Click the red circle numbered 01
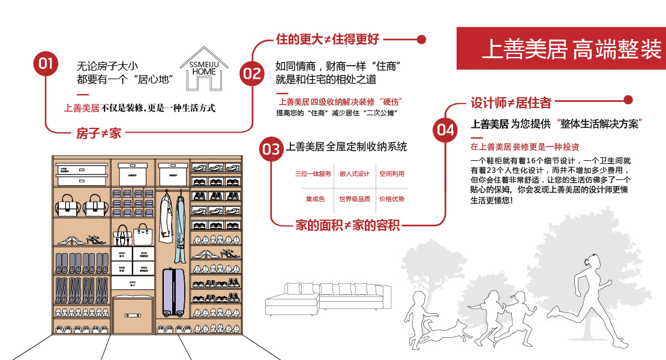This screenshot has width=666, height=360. [x=46, y=64]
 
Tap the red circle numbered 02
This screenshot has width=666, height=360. [x=252, y=73]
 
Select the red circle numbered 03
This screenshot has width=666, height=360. [x=271, y=149]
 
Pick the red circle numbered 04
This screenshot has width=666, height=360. [x=445, y=129]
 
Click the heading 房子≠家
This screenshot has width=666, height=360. [x=98, y=133]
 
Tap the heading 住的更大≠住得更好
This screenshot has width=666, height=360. [x=328, y=40]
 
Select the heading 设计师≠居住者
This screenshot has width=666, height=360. [x=511, y=103]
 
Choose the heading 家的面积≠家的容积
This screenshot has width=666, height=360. [x=348, y=226]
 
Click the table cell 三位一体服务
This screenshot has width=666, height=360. [x=313, y=174]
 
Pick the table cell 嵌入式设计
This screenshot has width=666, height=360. [x=354, y=174]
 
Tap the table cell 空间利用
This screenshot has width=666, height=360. [x=392, y=174]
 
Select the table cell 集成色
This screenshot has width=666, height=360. [x=315, y=199]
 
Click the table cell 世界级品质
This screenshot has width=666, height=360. [x=354, y=199]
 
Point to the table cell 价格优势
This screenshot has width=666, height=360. [x=392, y=199]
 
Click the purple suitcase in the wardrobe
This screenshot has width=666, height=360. [x=175, y=292]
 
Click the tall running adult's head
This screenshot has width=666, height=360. [x=593, y=262]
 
